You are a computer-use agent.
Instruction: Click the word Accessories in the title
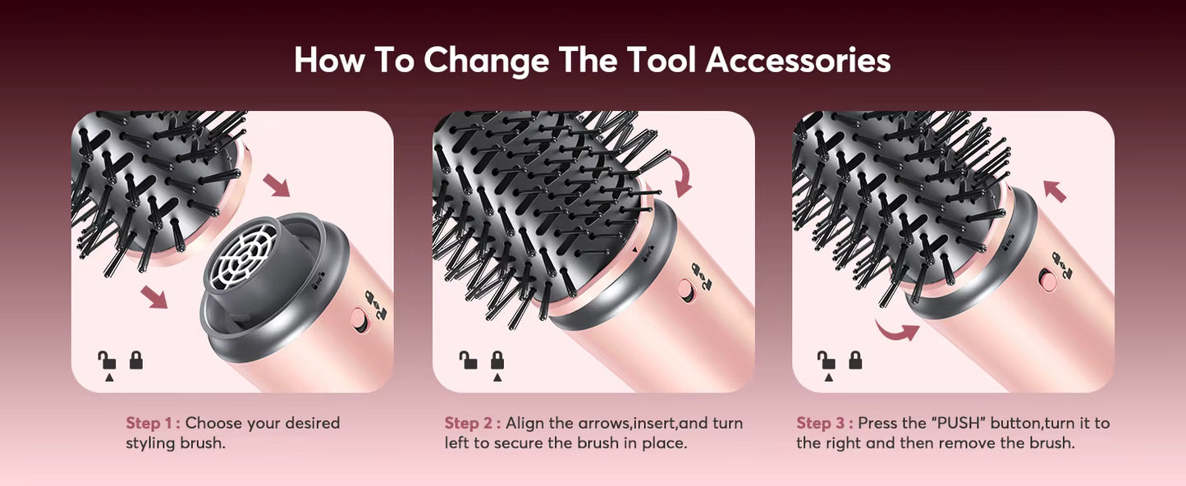798,61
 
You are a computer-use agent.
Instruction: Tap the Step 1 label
153,424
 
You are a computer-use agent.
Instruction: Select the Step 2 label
472,424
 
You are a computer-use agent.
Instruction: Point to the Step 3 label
824,424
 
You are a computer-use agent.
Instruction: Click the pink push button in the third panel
1047,280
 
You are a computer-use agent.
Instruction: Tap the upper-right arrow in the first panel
280,184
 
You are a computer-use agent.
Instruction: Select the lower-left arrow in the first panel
153,296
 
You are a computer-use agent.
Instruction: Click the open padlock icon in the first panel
107,360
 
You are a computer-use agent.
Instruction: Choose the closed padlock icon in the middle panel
497,360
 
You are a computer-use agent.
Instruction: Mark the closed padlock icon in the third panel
855,360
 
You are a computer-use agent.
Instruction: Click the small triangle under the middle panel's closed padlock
497,378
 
